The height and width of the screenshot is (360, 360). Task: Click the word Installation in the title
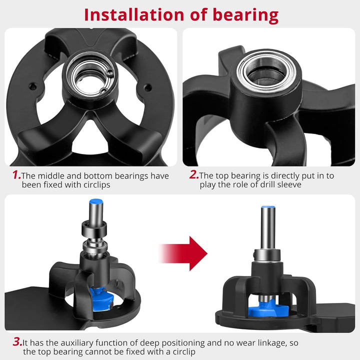tap(134, 15)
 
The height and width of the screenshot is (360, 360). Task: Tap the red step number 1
tap(16, 175)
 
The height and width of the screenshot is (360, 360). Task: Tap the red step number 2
tap(194, 174)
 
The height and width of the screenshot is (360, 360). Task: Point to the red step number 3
tap(17, 342)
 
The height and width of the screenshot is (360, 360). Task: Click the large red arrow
tap(183, 253)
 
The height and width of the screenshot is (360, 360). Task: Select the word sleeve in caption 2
tap(289, 184)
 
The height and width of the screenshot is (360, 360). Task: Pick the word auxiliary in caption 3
tap(78, 343)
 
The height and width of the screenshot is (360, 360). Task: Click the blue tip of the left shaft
tap(96, 202)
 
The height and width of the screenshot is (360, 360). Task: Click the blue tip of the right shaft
tap(268, 207)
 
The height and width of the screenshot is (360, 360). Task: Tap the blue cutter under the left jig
tap(101, 299)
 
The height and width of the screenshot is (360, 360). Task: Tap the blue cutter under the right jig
tap(268, 309)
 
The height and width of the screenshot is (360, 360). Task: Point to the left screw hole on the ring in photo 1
tap(32, 86)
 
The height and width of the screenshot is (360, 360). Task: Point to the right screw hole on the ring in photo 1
tap(147, 87)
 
